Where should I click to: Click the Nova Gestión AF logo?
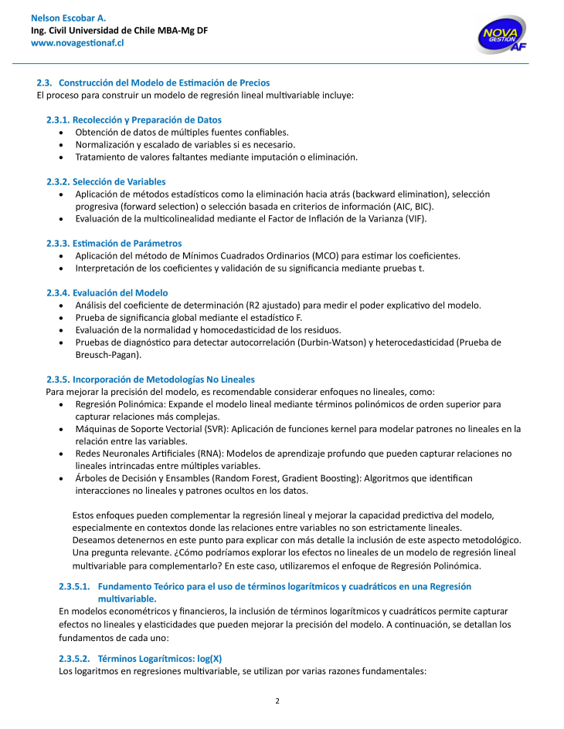click(x=503, y=35)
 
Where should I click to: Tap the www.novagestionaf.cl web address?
click(x=77, y=43)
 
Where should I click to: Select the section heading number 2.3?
click(x=44, y=83)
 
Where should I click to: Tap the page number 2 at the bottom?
click(x=277, y=700)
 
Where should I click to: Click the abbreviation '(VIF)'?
click(x=414, y=218)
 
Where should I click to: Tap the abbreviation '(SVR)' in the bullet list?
click(x=214, y=428)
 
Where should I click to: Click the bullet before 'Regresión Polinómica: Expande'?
click(x=62, y=403)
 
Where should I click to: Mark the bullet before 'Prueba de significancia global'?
click(x=62, y=317)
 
